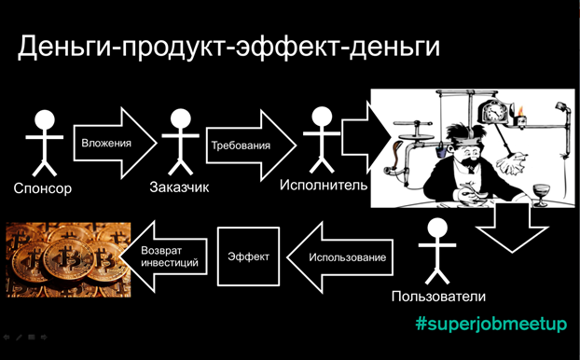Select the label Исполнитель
point(323,186)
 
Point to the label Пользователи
point(440,298)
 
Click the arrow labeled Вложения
point(111,144)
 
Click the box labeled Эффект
point(250,256)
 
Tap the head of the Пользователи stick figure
point(435,229)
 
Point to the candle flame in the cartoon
point(522,108)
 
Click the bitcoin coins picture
point(67,257)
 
